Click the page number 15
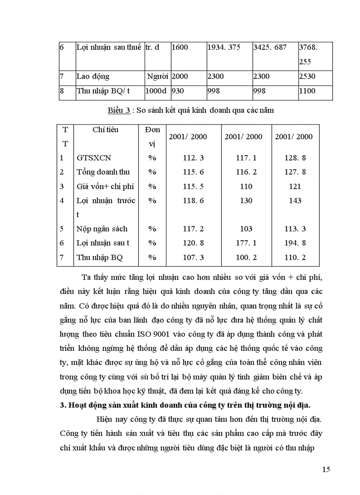(326, 469)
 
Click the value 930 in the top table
(178, 91)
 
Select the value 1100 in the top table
(307, 91)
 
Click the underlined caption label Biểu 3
(119, 111)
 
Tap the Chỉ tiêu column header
(105, 130)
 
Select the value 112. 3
(193, 158)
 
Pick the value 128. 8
(295, 158)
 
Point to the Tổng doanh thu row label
(103, 172)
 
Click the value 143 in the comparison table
(295, 201)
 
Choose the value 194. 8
(295, 243)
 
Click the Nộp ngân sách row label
(102, 229)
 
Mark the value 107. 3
(193, 257)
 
